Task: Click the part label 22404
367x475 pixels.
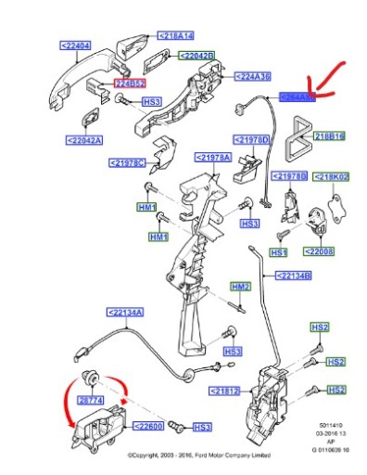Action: [x=78, y=44]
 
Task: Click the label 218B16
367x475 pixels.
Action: [x=328, y=136]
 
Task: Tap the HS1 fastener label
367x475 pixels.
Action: [x=279, y=251]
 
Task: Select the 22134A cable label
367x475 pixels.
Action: [x=124, y=313]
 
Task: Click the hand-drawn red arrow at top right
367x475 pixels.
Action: [x=330, y=78]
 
